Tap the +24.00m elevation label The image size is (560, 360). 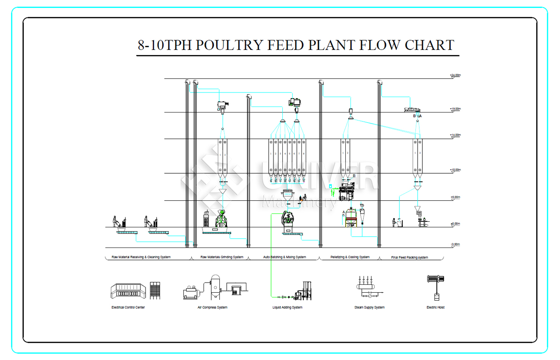[x=455, y=75]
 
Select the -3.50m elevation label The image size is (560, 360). [x=455, y=244]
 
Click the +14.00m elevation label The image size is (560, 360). [x=455, y=135]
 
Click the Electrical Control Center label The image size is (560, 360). [x=128, y=308]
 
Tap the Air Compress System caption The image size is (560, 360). [x=212, y=308]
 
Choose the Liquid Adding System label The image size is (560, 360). [x=287, y=308]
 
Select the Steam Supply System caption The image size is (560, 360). [x=370, y=308]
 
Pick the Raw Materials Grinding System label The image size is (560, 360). [x=222, y=257]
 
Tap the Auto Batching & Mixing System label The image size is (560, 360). [x=285, y=257]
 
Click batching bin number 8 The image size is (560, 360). [x=304, y=156]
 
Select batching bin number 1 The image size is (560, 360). [x=271, y=156]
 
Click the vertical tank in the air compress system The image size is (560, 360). [x=216, y=285]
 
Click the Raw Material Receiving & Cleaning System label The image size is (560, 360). [x=141, y=257]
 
